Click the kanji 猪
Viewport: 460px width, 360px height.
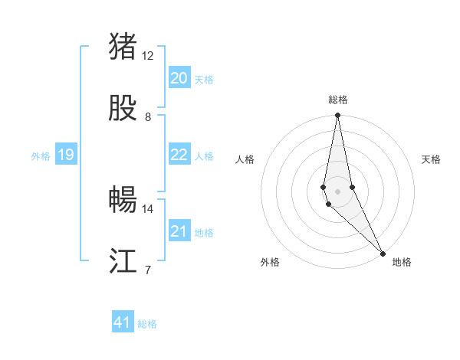[123, 47]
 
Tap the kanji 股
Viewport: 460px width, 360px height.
[123, 109]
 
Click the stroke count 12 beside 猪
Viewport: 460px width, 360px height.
[148, 56]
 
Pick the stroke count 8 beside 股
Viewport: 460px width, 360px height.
[148, 117]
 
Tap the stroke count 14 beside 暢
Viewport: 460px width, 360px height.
[148, 208]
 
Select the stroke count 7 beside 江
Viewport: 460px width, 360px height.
[148, 270]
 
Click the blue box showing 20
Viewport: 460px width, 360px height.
[179, 78]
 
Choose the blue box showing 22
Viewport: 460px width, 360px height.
[179, 155]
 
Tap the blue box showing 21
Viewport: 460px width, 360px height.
[179, 231]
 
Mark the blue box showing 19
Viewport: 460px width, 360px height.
[66, 155]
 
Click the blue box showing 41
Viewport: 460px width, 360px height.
[123, 322]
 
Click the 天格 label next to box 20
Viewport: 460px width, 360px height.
[204, 80]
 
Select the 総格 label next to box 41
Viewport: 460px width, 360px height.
[147, 324]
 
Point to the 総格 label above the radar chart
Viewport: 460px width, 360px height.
[338, 100]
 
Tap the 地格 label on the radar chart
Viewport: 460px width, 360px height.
[402, 262]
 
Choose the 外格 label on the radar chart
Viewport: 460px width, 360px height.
[270, 262]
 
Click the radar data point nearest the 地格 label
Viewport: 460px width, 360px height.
[383, 254]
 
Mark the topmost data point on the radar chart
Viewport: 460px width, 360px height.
[337, 116]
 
